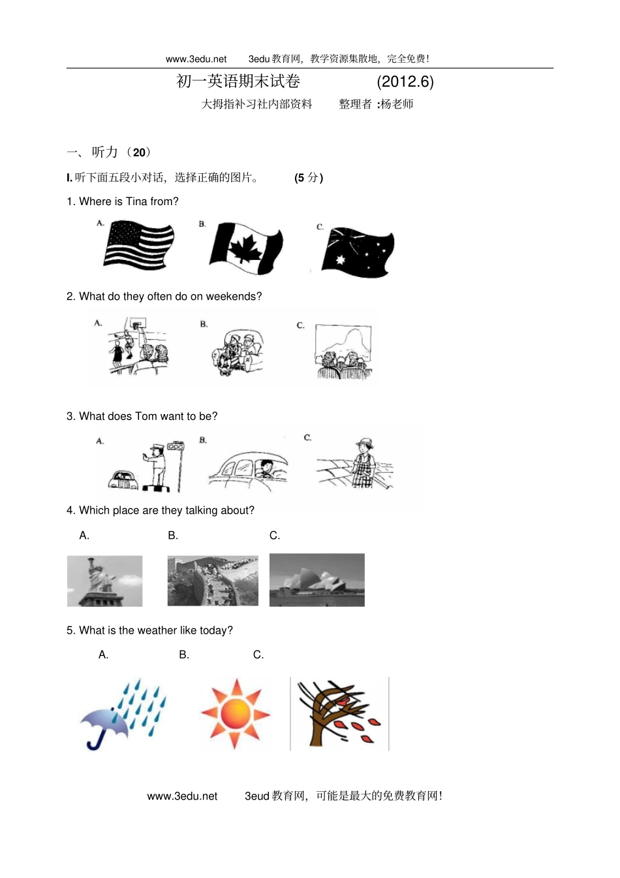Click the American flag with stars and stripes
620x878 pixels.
coord(138,245)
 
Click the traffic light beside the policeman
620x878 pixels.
coord(176,446)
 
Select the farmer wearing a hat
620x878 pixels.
coord(364,463)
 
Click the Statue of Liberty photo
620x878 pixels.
coord(104,581)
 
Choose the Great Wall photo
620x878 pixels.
coord(213,581)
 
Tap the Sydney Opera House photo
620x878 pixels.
coord(317,579)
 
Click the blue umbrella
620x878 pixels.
coord(104,727)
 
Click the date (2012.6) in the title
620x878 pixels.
coord(405,82)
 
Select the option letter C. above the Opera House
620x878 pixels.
coord(275,536)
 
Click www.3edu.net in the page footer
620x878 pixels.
coord(182,796)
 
